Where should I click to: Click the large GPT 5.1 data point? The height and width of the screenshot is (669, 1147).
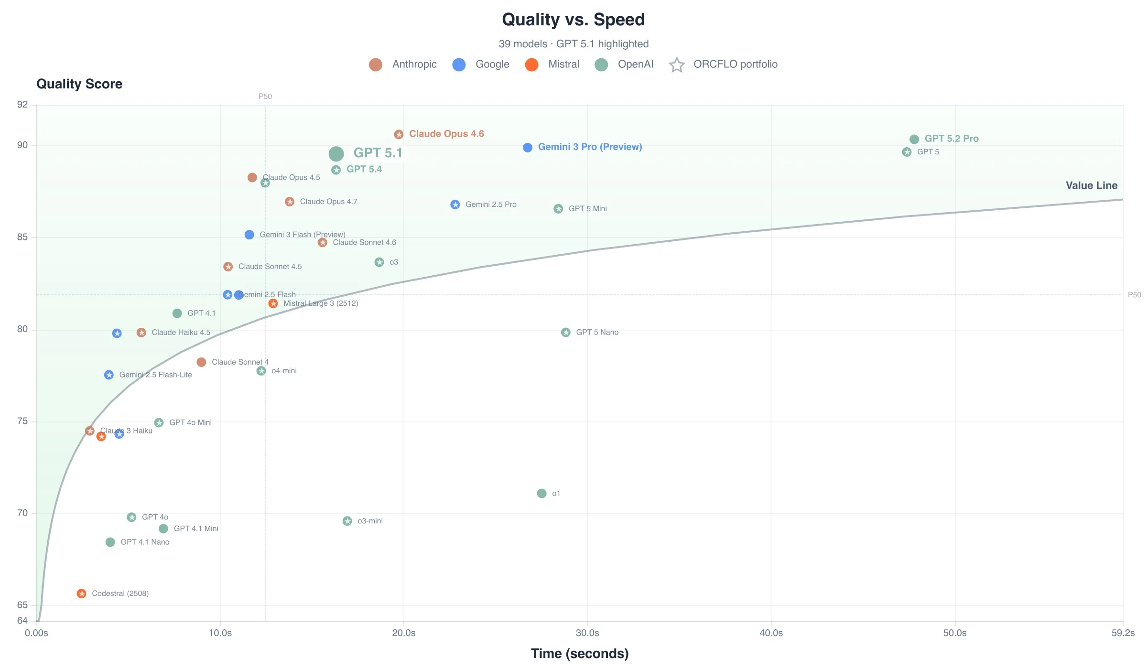pyautogui.click(x=336, y=154)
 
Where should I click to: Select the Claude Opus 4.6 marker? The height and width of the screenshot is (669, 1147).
pyautogui.click(x=399, y=135)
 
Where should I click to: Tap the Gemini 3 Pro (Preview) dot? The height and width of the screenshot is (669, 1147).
pyautogui.click(x=528, y=148)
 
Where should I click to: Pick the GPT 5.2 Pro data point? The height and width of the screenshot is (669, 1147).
pyautogui.click(x=914, y=140)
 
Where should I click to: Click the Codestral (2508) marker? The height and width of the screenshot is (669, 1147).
pyautogui.click(x=82, y=593)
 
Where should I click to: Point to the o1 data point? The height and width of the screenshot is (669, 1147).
pyautogui.click(x=541, y=494)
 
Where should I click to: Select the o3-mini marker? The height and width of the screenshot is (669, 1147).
pyautogui.click(x=347, y=521)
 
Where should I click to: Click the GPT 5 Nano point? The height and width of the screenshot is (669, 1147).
pyautogui.click(x=566, y=333)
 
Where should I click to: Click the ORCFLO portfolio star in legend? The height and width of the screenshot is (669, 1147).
pyautogui.click(x=677, y=65)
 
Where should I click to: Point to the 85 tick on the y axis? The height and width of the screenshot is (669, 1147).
pyautogui.click(x=22, y=237)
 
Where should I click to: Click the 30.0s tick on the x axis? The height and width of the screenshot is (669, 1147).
pyautogui.click(x=587, y=633)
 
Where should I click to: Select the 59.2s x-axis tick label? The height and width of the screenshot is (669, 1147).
pyautogui.click(x=1123, y=633)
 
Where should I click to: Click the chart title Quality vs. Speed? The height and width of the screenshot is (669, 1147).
pyautogui.click(x=573, y=20)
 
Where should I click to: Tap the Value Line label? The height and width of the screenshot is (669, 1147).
pyautogui.click(x=1091, y=185)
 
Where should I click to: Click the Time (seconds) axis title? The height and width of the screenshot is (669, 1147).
pyautogui.click(x=579, y=654)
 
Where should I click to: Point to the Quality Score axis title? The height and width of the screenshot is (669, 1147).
pyautogui.click(x=79, y=84)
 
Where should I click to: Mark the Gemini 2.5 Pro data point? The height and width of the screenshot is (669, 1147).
pyautogui.click(x=455, y=205)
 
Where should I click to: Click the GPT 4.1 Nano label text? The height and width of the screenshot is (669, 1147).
pyautogui.click(x=145, y=542)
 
